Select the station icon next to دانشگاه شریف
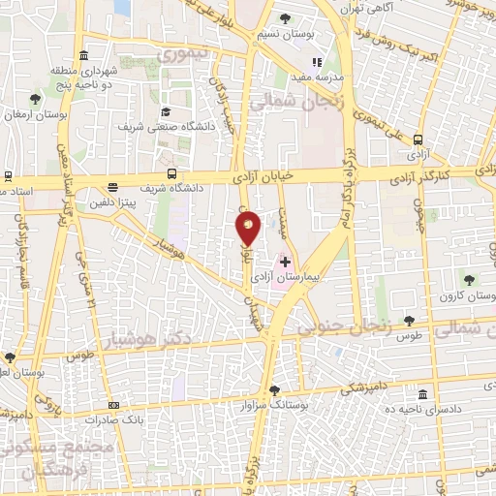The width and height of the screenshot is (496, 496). coord(171,173)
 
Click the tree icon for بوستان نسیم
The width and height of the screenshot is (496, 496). coord(285,18)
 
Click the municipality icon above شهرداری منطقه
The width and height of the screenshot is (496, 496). coord(85,53)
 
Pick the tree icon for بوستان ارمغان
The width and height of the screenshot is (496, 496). coord(36,99)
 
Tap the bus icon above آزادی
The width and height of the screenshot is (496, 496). coord(418,140)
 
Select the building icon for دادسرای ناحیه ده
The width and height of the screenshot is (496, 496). coord(422,394)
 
